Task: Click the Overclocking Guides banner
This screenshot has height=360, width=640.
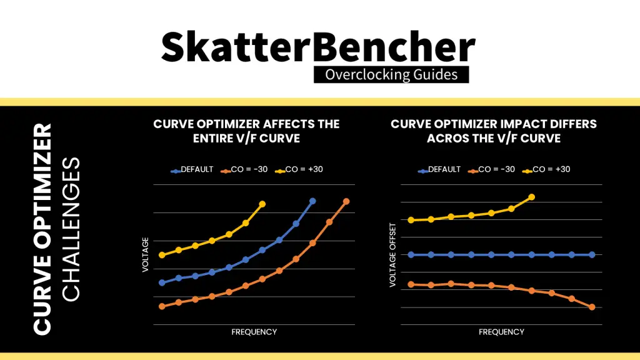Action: pos(391,75)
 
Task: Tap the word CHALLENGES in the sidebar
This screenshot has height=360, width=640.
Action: pos(72,228)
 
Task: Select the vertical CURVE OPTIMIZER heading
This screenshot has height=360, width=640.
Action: pos(42,228)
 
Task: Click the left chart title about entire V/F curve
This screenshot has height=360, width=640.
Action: pos(246,131)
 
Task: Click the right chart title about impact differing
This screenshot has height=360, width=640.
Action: pos(494,131)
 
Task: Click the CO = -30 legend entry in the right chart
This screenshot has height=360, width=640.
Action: pos(492,169)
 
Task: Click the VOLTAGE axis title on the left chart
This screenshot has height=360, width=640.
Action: pos(146,254)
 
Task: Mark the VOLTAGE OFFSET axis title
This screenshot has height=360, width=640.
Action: pos(392,254)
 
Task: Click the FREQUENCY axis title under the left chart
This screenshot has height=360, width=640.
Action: pos(254,332)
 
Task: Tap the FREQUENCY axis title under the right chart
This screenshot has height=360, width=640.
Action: pos(501,332)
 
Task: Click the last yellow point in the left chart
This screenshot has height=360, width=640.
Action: pos(262,204)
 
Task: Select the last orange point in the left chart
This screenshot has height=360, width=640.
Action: pos(346,201)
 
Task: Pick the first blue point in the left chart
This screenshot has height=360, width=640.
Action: pos(162,282)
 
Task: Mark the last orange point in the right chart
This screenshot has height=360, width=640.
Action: pos(591,307)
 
